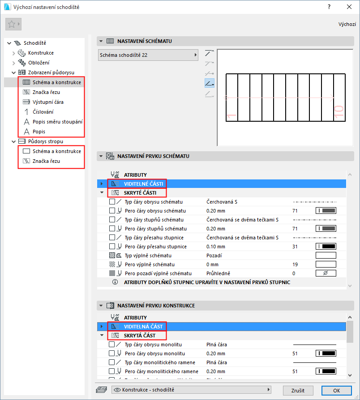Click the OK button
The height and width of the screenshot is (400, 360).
[x=336, y=390]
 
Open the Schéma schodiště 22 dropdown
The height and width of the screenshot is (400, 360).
[x=148, y=55]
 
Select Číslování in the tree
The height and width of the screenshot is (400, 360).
[x=43, y=112]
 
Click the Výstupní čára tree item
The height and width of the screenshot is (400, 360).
[x=48, y=102]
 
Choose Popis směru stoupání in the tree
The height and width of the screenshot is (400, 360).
[x=57, y=122]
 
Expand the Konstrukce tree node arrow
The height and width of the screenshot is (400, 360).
[x=14, y=53]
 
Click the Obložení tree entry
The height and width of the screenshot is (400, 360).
[x=39, y=63]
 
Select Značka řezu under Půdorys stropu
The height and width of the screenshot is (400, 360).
[x=46, y=161]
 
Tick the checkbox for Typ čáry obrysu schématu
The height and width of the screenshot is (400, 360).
[x=112, y=201]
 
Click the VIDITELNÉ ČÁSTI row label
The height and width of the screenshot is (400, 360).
[x=143, y=184]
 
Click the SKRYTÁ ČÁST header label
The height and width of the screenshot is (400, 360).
[x=139, y=336]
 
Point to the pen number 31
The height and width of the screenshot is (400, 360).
[x=295, y=247]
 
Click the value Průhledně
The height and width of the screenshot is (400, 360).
[x=218, y=273]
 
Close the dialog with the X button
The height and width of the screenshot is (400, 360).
[x=349, y=7]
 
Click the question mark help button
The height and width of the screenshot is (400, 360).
[x=329, y=7]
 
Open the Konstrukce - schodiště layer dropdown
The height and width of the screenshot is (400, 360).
[x=191, y=390]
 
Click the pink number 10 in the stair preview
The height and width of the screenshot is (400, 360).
[x=339, y=112]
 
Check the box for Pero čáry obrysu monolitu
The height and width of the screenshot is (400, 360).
[x=112, y=353]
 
